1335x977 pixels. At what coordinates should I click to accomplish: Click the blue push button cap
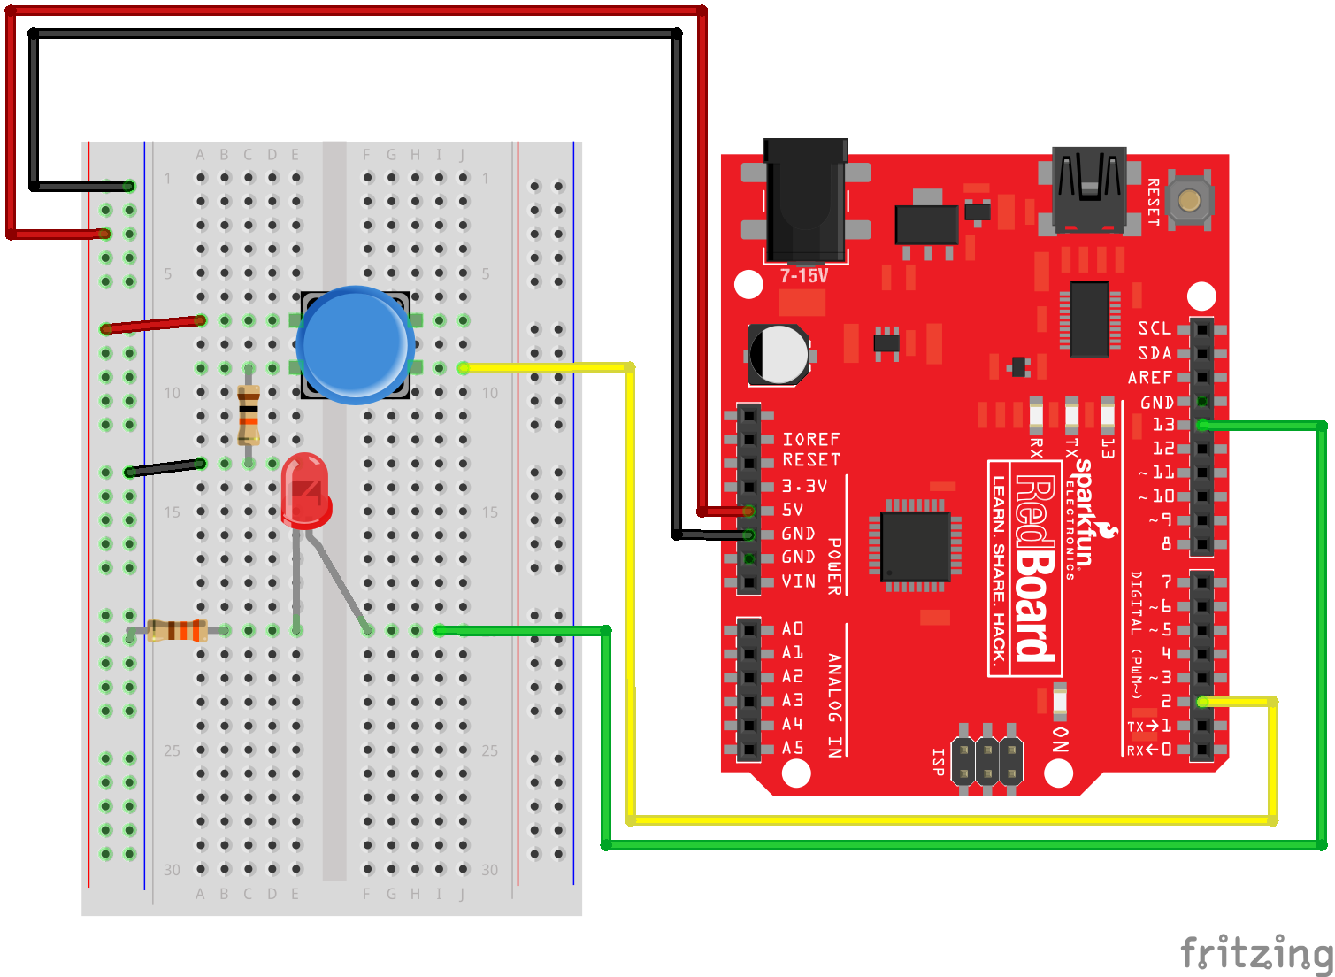click(356, 343)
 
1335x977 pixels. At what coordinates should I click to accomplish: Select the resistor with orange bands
click(177, 630)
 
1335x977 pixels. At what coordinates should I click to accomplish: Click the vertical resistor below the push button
click(249, 415)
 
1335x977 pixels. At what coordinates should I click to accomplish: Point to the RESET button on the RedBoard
click(1189, 200)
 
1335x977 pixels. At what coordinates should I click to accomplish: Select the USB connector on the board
click(1089, 188)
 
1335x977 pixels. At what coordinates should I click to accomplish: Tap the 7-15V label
click(804, 276)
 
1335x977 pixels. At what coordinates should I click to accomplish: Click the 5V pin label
click(793, 510)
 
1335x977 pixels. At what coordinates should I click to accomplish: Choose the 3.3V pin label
click(804, 486)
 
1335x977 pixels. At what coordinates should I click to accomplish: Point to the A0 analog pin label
click(793, 628)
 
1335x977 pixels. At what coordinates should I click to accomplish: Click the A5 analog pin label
click(793, 748)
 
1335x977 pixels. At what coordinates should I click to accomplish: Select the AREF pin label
click(1150, 378)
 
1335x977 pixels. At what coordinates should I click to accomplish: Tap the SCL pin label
click(1155, 328)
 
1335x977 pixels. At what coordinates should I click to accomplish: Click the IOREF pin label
click(810, 439)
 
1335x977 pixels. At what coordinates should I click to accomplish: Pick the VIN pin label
click(798, 581)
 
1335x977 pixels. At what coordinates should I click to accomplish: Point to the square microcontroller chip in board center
click(916, 545)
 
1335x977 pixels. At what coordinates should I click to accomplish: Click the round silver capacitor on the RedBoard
click(779, 354)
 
